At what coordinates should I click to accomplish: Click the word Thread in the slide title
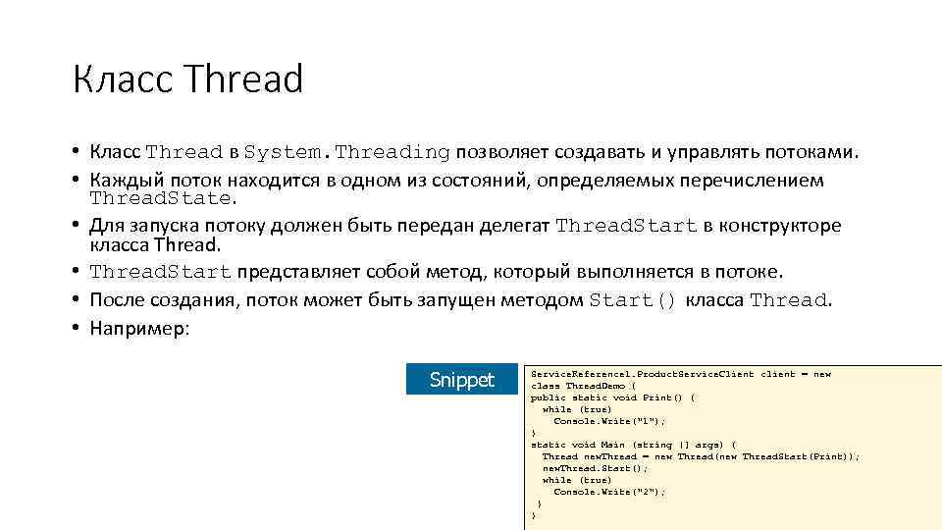tap(243, 79)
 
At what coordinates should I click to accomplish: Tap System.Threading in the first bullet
tap(346, 152)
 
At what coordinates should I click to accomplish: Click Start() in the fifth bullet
tap(633, 300)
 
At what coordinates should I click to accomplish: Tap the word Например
tap(137, 328)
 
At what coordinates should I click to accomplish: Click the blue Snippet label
tap(462, 380)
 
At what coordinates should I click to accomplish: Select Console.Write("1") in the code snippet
tap(608, 421)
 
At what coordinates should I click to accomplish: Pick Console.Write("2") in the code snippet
tap(608, 492)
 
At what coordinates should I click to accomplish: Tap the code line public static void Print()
tap(612, 397)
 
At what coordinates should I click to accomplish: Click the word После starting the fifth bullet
tap(116, 300)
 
